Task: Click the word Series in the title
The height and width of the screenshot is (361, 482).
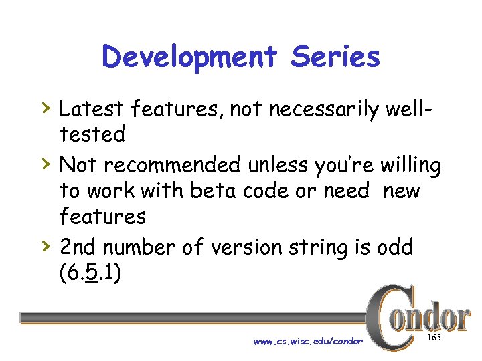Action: click(335, 57)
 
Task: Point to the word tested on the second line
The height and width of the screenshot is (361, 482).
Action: click(92, 134)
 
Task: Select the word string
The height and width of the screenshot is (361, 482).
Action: click(331, 247)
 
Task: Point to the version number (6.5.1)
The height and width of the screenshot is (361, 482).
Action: click(90, 273)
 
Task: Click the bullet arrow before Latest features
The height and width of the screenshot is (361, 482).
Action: click(44, 107)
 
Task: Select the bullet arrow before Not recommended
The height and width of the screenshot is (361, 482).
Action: click(44, 163)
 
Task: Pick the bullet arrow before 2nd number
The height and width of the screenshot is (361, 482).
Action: click(44, 245)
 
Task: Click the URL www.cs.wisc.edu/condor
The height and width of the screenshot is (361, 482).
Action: click(308, 341)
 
